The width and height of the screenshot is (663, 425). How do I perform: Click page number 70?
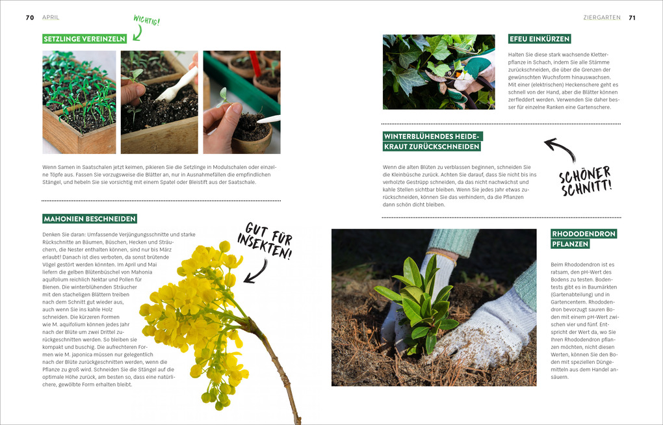point(30,18)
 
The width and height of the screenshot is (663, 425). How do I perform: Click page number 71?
point(632,18)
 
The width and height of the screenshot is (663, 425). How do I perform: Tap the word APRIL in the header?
point(51,18)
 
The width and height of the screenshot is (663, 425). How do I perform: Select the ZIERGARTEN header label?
point(602,18)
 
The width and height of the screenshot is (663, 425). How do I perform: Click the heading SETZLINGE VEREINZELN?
point(84,39)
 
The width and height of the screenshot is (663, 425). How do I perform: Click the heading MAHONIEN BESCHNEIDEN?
point(90,218)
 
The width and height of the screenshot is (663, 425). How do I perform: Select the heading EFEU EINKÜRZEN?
point(539,39)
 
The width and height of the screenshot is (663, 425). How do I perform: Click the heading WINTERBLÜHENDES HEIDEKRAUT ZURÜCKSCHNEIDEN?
point(432,141)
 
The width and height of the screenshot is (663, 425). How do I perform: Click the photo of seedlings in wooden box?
point(79,102)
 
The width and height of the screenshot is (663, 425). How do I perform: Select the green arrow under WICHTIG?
point(138,31)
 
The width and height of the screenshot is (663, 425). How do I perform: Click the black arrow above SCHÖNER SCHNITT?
point(559,149)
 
